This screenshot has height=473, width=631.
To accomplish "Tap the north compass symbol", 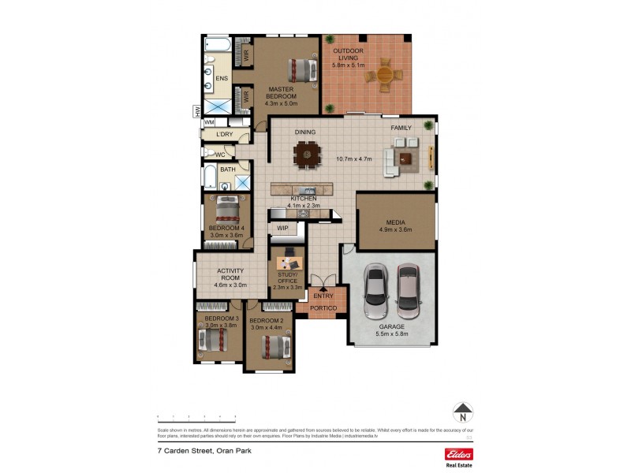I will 463,412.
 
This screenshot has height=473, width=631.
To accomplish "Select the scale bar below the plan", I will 197,415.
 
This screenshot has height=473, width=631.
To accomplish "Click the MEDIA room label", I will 396,222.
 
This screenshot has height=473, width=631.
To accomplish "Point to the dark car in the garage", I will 375,291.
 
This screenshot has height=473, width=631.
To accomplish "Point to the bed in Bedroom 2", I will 273,345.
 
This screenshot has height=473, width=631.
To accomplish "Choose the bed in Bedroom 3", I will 211,340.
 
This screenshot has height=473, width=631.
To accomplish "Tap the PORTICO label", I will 323,307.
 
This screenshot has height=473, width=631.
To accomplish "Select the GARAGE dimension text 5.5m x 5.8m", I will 391,333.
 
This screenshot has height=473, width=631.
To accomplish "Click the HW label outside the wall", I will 197,112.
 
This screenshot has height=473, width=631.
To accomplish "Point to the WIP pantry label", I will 282,229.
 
